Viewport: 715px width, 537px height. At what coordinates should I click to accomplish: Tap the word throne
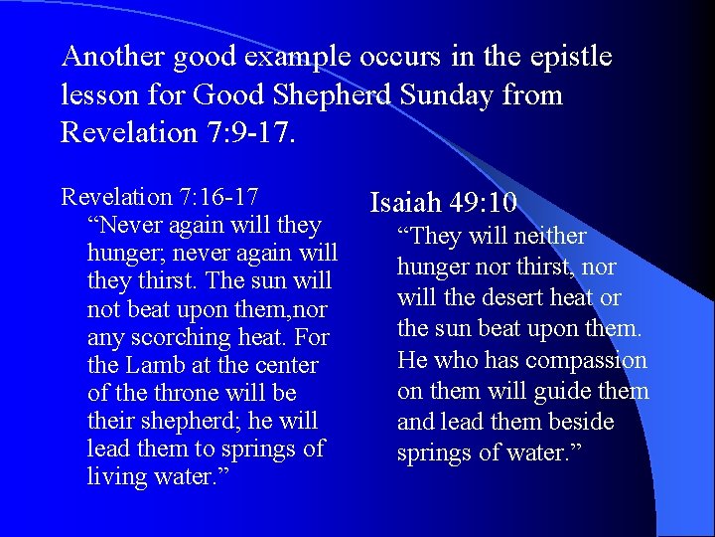click(187, 393)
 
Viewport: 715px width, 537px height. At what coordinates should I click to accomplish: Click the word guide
click(569, 392)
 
